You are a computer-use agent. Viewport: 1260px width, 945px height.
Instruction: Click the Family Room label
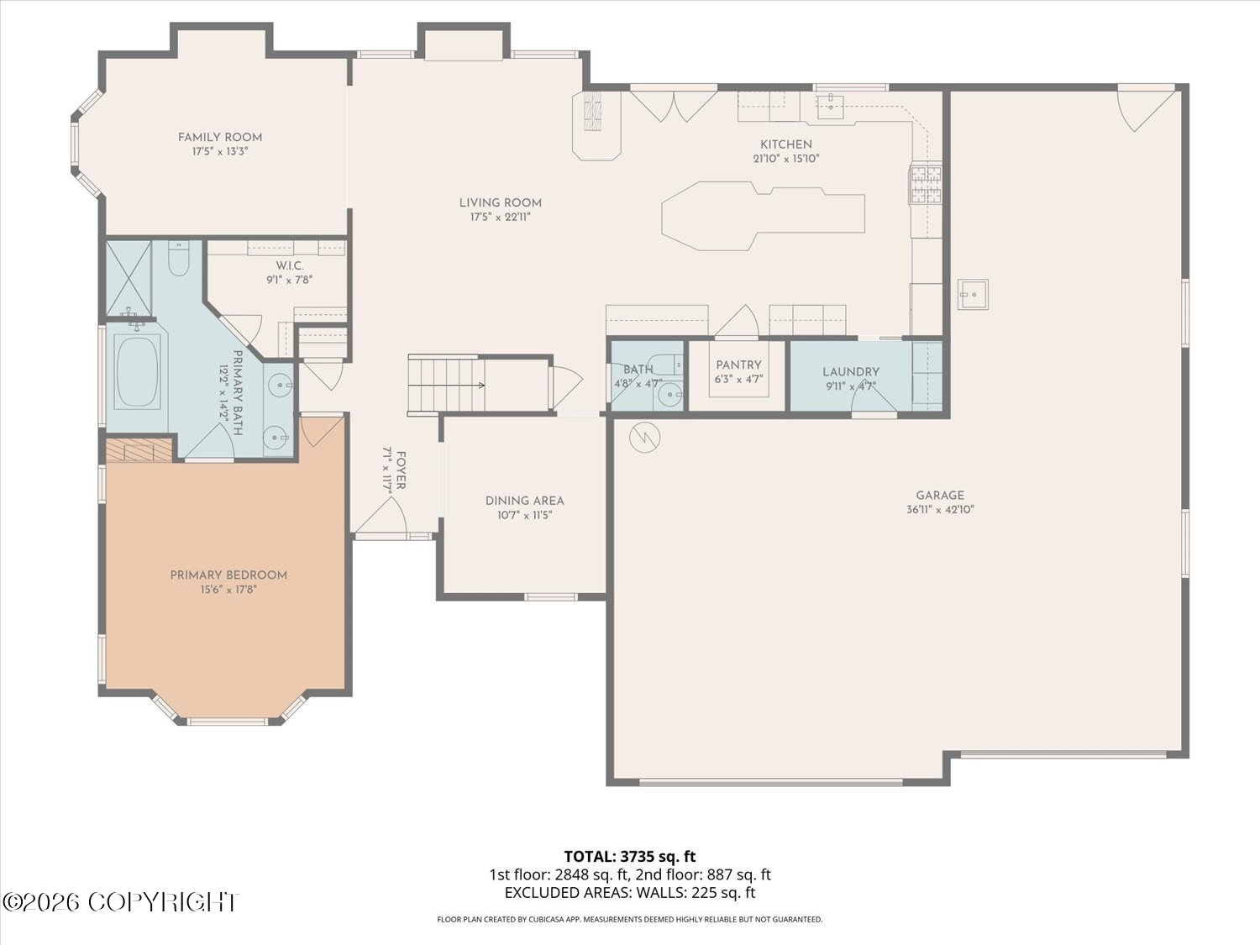pyautogui.click(x=220, y=138)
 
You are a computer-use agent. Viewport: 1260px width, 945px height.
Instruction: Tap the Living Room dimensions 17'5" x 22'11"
pyautogui.click(x=501, y=217)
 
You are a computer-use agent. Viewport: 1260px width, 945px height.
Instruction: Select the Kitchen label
pyautogui.click(x=786, y=144)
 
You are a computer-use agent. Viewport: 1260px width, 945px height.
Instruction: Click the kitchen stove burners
pyautogui.click(x=925, y=184)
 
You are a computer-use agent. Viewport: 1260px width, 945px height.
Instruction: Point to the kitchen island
pyautogui.click(x=763, y=215)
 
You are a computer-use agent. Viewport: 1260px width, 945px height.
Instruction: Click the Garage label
pyautogui.click(x=940, y=495)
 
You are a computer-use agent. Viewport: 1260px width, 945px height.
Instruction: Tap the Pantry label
pyautogui.click(x=738, y=365)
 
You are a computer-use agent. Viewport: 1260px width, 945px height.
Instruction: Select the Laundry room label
pyautogui.click(x=851, y=372)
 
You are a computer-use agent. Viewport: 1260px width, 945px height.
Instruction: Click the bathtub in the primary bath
pyautogui.click(x=138, y=372)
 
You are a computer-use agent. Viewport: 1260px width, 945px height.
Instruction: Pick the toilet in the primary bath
pyautogui.click(x=179, y=259)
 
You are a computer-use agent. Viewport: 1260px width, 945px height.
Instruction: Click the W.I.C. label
pyautogui.click(x=289, y=266)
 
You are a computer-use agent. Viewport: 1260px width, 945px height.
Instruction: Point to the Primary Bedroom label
pyautogui.click(x=228, y=575)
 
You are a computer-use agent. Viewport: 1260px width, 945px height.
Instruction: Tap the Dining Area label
pyautogui.click(x=525, y=501)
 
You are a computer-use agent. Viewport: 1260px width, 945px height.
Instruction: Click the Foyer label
pyautogui.click(x=402, y=470)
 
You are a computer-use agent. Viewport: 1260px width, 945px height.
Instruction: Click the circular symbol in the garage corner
pyautogui.click(x=644, y=438)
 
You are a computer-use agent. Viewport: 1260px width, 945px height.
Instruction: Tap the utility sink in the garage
pyautogui.click(x=973, y=294)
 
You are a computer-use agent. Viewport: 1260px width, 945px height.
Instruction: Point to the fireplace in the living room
pyautogui.click(x=596, y=126)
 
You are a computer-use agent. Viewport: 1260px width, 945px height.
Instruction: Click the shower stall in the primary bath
pyautogui.click(x=129, y=278)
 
